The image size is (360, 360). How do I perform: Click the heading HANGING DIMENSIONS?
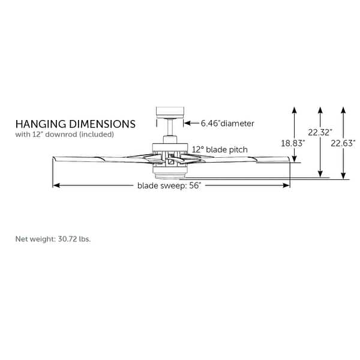point(75,124)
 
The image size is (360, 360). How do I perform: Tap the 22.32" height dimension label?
point(320,133)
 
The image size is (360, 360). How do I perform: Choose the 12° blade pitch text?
point(220,149)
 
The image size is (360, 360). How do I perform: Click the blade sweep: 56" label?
point(169,186)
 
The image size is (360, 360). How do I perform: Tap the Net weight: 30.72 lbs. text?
point(53,239)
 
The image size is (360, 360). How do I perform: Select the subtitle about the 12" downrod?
point(64,134)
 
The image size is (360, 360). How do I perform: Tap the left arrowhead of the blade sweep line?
point(56,185)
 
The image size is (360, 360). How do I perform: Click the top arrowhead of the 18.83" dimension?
point(294,109)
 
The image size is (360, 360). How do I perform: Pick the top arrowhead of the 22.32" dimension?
point(320,109)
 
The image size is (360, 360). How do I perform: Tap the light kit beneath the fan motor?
point(170,176)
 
